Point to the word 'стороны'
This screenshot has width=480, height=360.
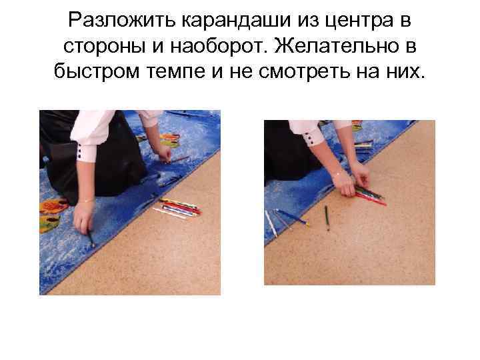coord(101,47)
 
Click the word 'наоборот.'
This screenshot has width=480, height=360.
coord(215,47)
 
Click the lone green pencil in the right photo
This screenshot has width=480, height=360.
coord(327,216)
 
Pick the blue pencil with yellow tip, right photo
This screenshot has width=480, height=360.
coord(291,217)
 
